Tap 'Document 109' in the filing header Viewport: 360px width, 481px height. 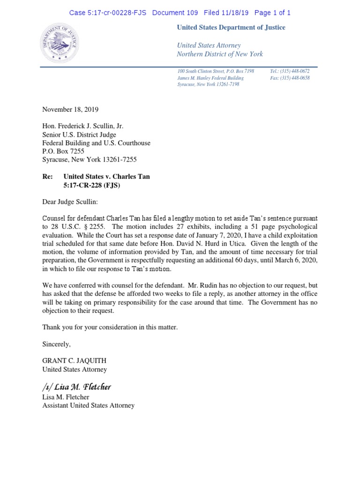pyautogui.click(x=175, y=13)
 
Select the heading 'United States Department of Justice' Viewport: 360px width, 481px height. pyautogui.click(x=231, y=28)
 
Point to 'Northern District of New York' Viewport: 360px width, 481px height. pyautogui.click(x=219, y=54)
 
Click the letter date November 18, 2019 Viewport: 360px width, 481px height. pyautogui.click(x=70, y=109)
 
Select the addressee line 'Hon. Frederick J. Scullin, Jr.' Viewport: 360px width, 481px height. pyautogui.click(x=83, y=126)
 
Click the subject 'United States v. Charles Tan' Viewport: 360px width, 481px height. pyautogui.click(x=106, y=177)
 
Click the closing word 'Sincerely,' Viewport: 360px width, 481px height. pyautogui.click(x=56, y=344)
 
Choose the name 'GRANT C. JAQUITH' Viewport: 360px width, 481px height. pyautogui.click(x=74, y=361)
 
